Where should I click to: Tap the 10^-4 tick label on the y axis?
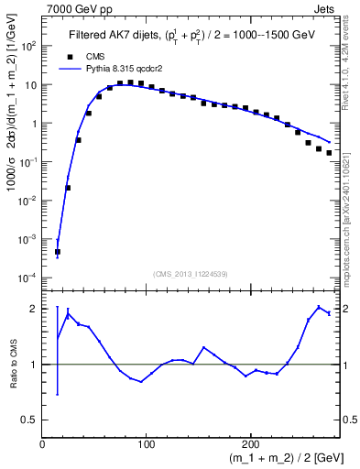(28, 278)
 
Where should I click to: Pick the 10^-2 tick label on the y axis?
(28, 201)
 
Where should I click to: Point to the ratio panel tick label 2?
(33, 309)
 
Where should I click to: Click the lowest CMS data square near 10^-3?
(57, 251)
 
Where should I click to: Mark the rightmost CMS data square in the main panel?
(329, 153)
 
